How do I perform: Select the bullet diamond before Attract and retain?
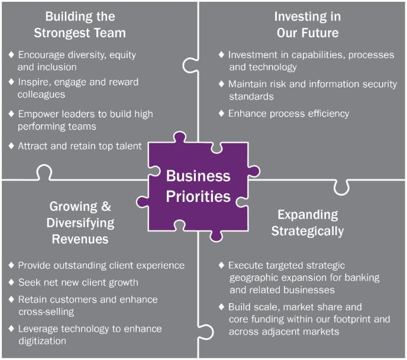pos(11,146)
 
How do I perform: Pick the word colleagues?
pos(41,94)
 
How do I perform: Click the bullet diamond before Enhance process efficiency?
pos(221,113)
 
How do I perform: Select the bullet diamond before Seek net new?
pos(11,282)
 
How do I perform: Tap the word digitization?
pos(42,340)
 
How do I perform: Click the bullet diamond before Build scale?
pos(221,307)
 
